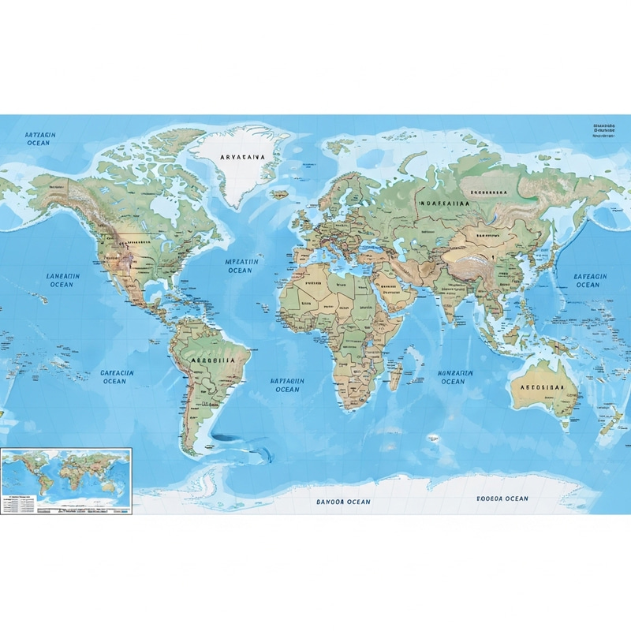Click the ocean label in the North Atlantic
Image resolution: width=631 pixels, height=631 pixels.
click(x=240, y=265)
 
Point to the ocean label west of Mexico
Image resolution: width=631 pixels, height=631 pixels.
click(x=63, y=281)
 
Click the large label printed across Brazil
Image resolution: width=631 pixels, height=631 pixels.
click(x=213, y=359)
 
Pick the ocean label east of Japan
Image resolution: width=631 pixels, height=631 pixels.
click(x=588, y=280)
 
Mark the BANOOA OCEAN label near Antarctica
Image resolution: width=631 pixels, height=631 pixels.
click(x=343, y=502)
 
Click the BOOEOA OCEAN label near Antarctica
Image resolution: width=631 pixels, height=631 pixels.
click(x=502, y=498)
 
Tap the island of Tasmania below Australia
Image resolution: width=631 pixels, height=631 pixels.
click(x=564, y=426)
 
